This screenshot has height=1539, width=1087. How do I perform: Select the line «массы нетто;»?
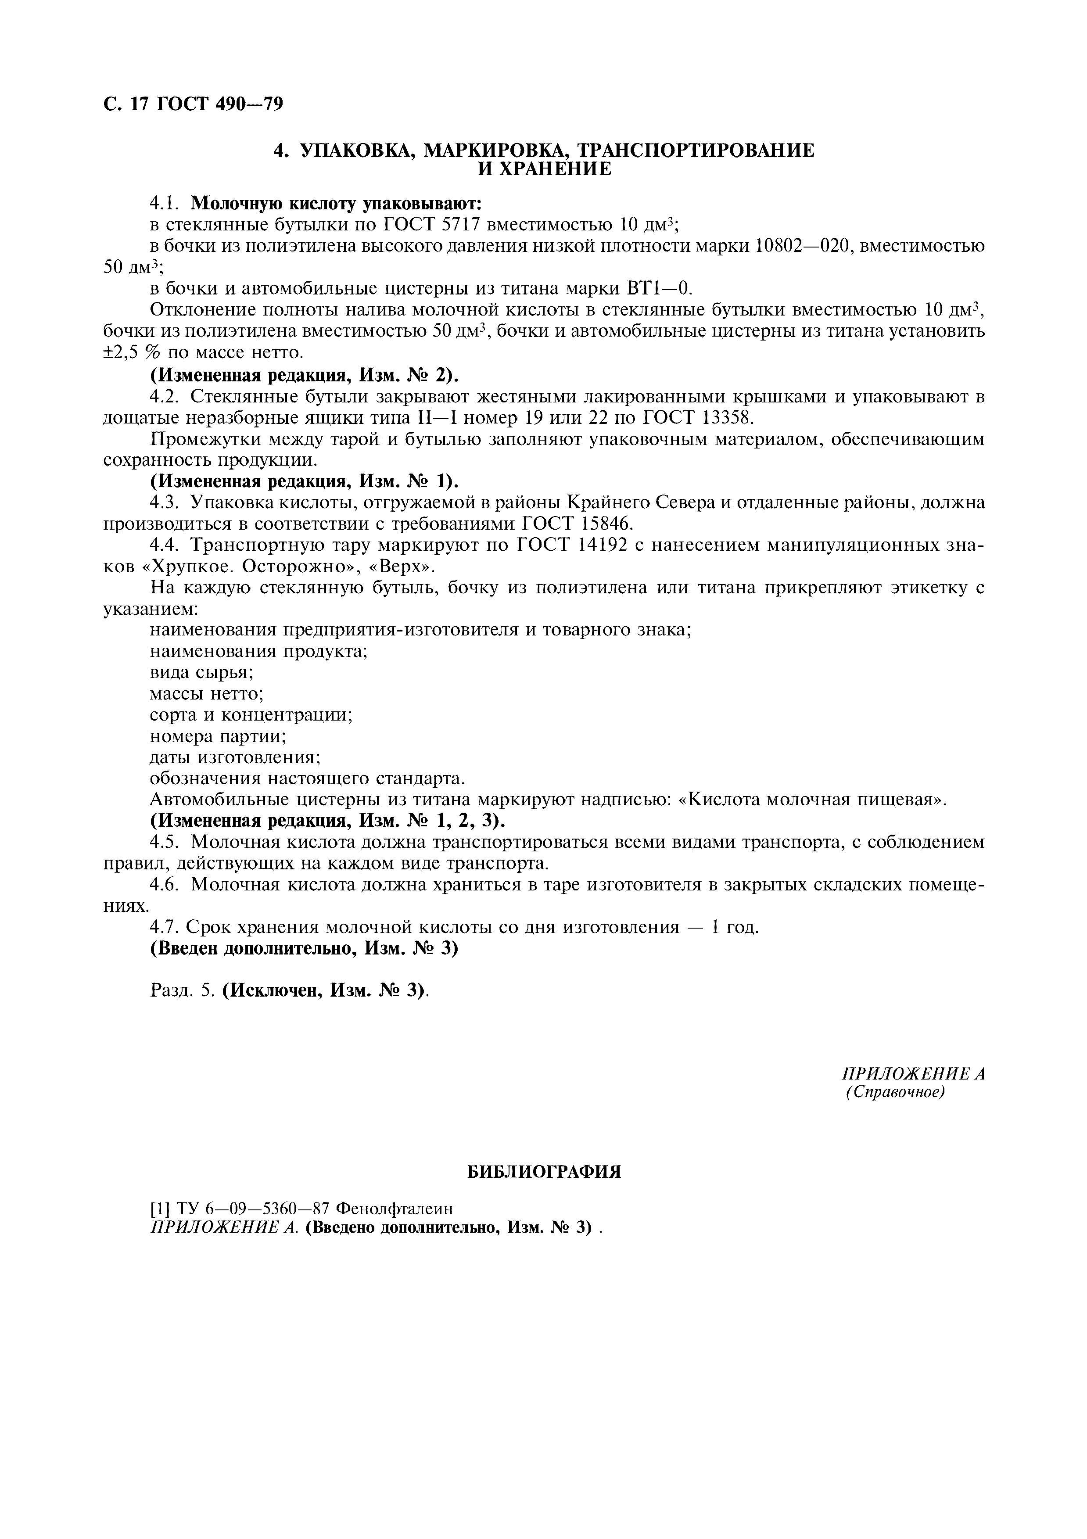pos(206,693)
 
